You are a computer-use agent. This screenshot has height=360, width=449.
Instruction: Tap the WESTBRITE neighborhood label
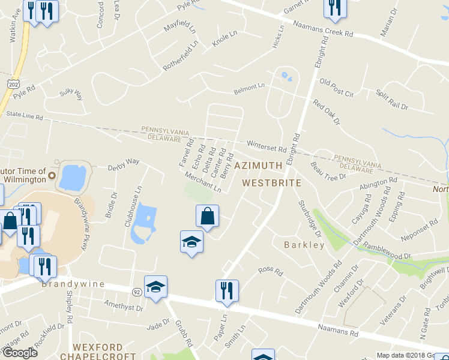click(x=271, y=182)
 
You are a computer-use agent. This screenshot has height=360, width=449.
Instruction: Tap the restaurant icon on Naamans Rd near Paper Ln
click(x=227, y=290)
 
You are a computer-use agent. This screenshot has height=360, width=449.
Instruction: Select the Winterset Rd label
click(x=267, y=146)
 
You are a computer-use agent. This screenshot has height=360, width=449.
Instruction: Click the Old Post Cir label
click(x=337, y=87)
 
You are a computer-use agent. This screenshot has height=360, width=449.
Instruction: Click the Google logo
click(x=20, y=353)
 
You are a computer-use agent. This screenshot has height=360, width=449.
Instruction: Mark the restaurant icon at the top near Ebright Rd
click(x=334, y=7)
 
